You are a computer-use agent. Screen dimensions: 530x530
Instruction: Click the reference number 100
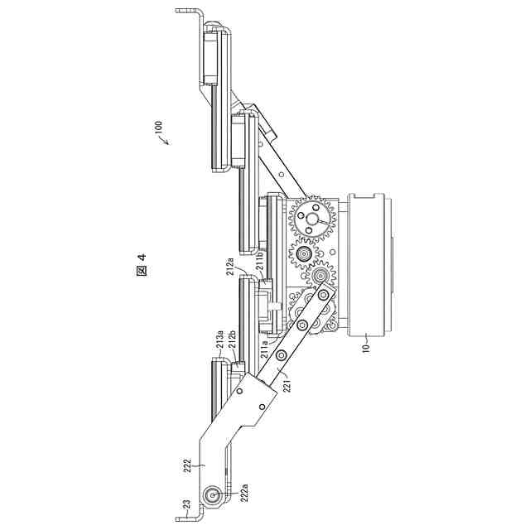pos(157,130)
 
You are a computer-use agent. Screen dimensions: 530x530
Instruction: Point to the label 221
pos(287,383)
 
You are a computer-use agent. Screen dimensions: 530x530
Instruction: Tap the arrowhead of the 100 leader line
pos(165,145)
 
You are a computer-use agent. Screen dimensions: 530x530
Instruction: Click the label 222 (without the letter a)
pos(188,465)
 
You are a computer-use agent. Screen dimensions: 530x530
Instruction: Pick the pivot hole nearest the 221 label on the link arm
pos(282,356)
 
